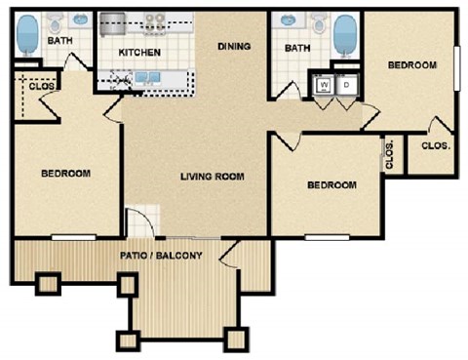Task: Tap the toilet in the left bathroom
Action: pos(56,21)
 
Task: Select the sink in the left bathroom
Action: pos(81,20)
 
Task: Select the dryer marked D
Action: pos(345,86)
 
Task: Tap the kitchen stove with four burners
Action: pos(156,20)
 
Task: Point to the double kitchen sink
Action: pos(148,78)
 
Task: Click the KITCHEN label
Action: pos(138,51)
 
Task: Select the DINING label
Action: pos(234,46)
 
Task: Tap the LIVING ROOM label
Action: pos(212,177)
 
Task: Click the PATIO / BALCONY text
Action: pos(161,256)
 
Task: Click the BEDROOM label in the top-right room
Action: pos(412,65)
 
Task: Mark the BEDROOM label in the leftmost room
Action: pos(65,174)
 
